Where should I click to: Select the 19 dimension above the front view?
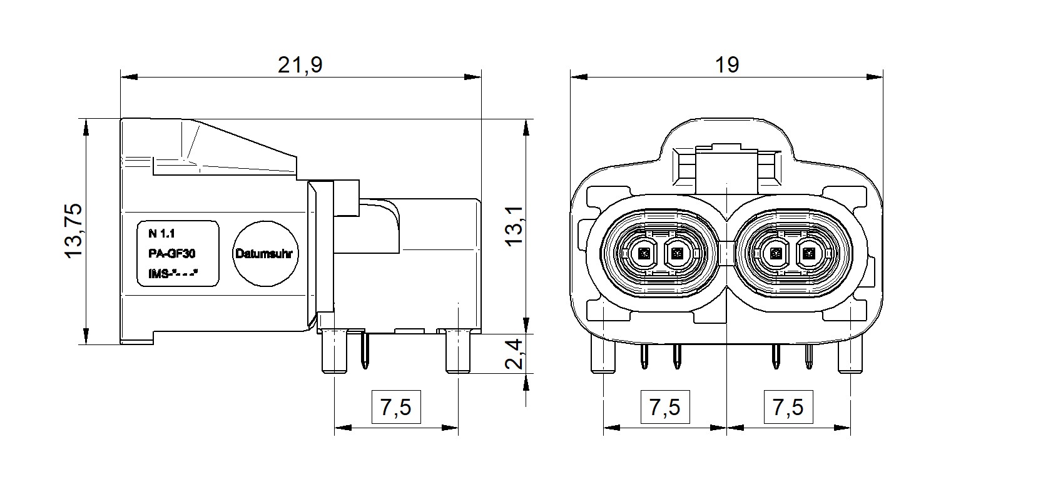(726, 64)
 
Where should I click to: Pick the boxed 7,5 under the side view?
(395, 408)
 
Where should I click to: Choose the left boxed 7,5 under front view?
(664, 408)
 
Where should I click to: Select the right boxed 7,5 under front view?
(788, 408)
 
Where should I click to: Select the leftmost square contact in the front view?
(644, 254)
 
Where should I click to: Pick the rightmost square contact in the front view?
(810, 254)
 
